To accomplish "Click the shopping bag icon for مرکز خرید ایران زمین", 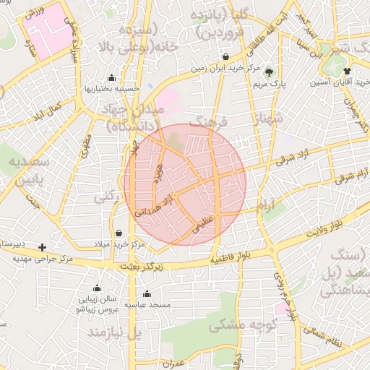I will pos(227,56).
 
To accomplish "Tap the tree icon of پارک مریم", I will pos(270,72).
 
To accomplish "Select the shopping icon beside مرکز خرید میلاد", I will pos(119,233).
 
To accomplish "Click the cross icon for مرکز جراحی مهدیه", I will pos(42,247).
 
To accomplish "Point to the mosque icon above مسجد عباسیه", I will pos(147,294).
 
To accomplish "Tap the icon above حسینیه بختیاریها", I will pos(111,79).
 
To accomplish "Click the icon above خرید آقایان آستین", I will pos(348,72).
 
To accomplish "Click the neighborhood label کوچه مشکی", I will pos(238,326).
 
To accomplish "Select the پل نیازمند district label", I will pos(113,333).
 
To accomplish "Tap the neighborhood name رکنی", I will pos(106,197).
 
